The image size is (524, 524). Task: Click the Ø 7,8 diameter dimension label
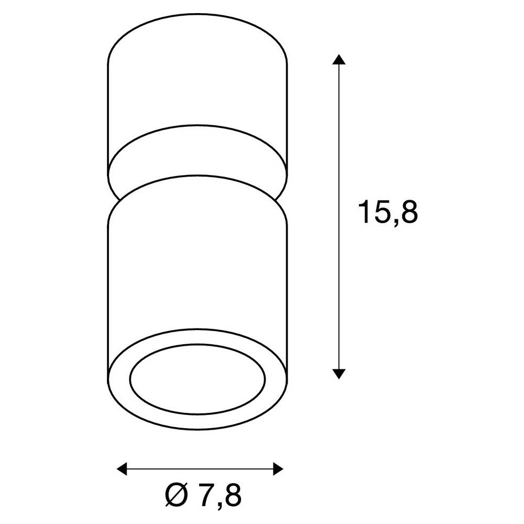click(x=203, y=495)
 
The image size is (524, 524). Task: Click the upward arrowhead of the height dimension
click(x=339, y=59)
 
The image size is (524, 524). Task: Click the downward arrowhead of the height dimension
click(x=339, y=374)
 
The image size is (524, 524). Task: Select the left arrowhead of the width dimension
click(x=122, y=468)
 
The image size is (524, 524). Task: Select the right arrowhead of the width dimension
click(x=278, y=468)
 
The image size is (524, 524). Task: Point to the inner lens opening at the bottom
click(x=197, y=379)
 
